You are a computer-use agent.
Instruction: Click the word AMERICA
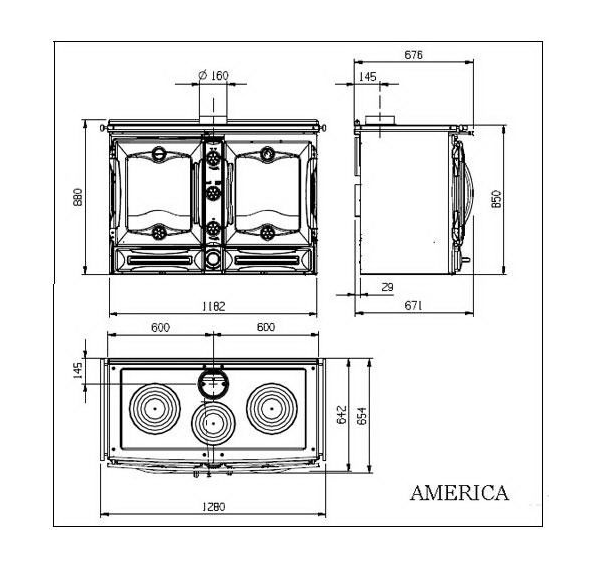point(460,492)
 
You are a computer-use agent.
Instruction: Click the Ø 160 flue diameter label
point(214,75)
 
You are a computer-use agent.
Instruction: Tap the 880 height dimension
point(78,197)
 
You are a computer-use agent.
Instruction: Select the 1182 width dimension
point(214,306)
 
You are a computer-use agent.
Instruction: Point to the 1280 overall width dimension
point(214,507)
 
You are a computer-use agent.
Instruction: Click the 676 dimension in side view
point(414,55)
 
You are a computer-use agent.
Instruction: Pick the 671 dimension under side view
point(414,306)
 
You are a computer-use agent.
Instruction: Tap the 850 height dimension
point(496,199)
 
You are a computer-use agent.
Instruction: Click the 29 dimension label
point(387,287)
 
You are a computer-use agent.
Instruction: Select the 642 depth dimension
point(342,415)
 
